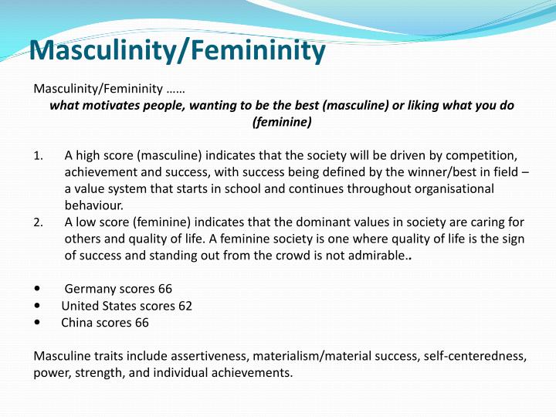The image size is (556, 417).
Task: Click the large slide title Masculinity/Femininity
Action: (177, 52)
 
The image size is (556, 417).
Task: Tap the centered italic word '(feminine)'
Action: (282, 121)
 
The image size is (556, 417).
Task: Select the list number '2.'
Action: (39, 224)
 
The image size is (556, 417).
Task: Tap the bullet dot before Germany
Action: (39, 290)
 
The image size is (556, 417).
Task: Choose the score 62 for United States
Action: (185, 306)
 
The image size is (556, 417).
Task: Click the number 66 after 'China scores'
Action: (141, 323)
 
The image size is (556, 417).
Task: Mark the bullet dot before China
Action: (39, 323)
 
